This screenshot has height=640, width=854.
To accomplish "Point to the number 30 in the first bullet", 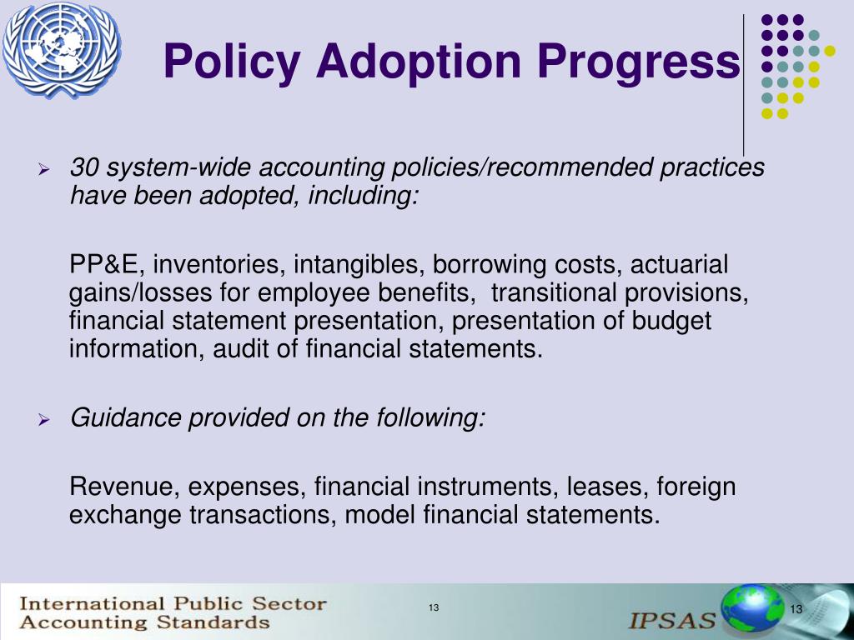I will coord(84,167).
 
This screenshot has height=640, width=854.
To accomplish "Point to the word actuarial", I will coord(679,265).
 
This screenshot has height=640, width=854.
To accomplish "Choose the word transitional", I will coord(560,293).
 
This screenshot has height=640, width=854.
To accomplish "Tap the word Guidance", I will coord(125,417).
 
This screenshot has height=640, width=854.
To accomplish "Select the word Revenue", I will coord(123,486).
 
